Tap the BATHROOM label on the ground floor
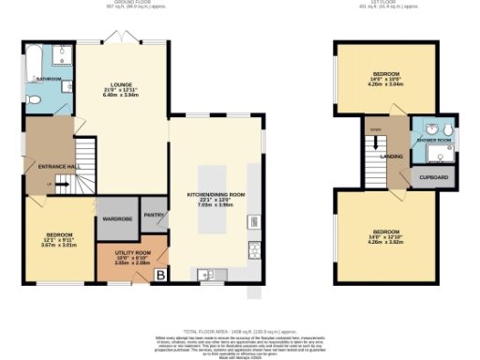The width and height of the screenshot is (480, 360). click(50, 79)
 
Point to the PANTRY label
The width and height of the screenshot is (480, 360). click(154, 215)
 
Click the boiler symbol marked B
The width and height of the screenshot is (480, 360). click(160, 275)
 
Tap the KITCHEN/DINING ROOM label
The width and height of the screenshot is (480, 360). click(216, 195)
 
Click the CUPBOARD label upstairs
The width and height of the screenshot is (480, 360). click(433, 177)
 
